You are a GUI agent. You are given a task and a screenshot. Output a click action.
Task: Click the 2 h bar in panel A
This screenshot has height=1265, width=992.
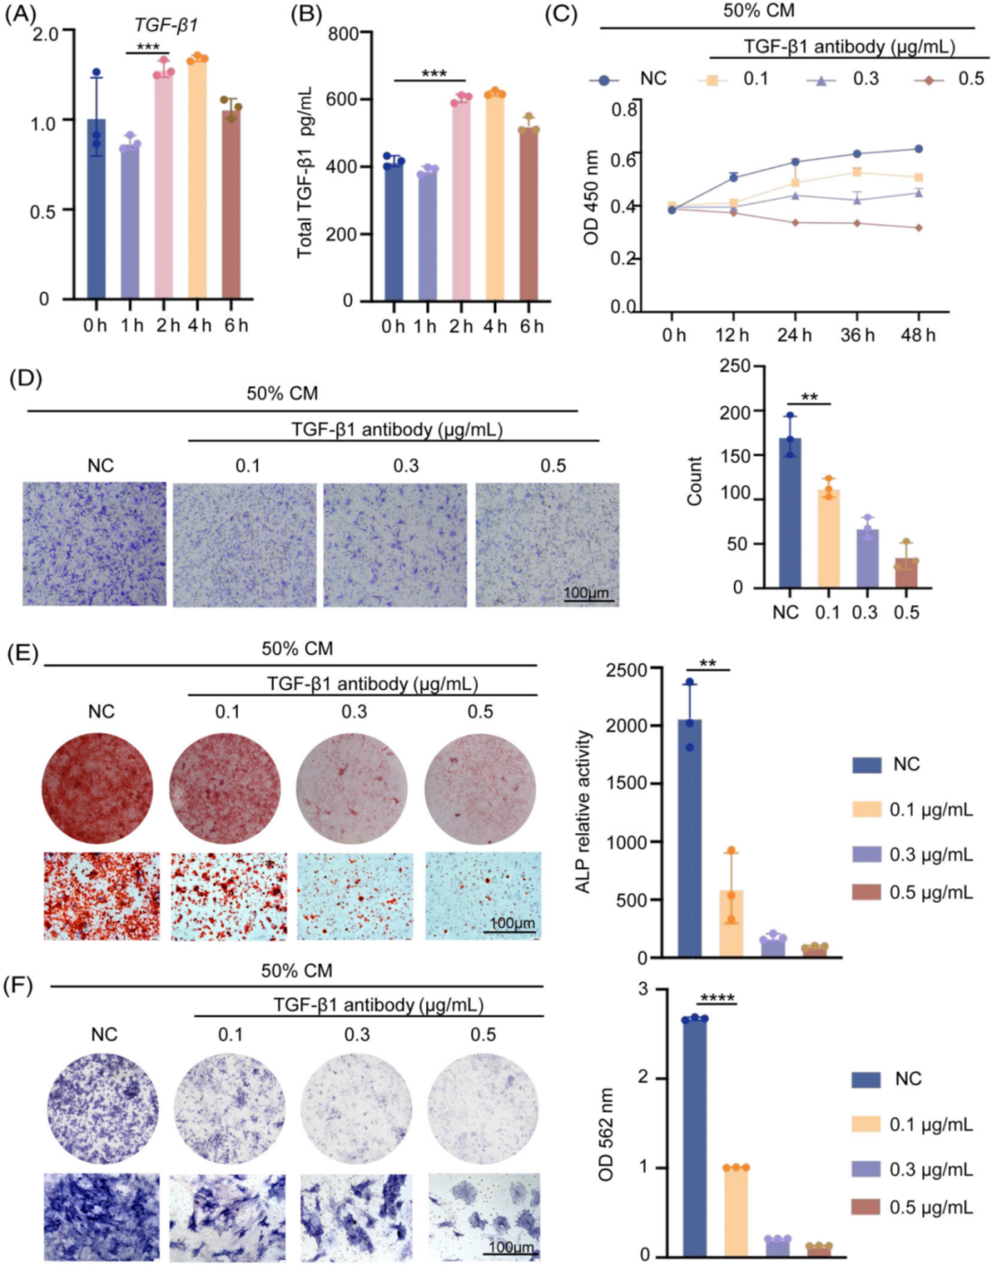pos(164,184)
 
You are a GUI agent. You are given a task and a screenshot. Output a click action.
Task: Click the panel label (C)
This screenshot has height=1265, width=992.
pos(561,15)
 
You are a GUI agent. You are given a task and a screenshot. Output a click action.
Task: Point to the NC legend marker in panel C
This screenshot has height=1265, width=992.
pos(603,80)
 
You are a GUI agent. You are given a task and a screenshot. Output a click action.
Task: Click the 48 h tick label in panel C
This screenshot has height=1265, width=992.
pos(918,335)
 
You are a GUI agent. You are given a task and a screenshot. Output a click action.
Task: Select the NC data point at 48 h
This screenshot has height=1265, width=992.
pos(918,149)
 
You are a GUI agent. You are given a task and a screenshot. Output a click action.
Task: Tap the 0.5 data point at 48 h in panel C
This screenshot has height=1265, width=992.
pos(918,228)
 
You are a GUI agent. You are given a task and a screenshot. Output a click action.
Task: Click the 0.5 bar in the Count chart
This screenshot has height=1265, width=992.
pos(906,572)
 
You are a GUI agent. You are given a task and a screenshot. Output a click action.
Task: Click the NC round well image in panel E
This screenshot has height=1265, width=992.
pos(98,788)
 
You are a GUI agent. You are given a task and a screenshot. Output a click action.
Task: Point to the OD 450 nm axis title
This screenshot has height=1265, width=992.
pos(592,198)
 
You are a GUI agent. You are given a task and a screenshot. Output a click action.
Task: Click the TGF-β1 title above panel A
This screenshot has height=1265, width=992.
pos(165,25)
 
